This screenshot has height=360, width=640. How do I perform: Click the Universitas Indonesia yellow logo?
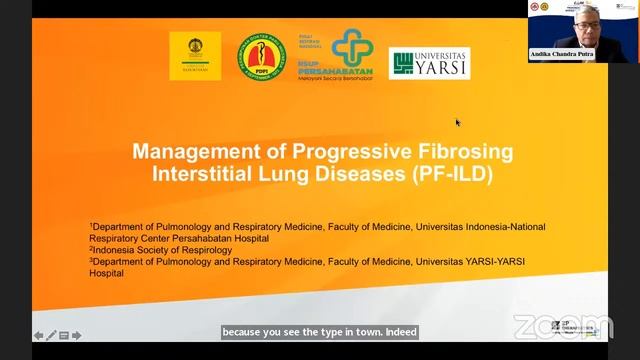coord(195,55)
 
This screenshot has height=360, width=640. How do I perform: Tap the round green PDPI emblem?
coord(260,57)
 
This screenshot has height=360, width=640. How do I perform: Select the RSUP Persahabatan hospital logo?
coord(337,55)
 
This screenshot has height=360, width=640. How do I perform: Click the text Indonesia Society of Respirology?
coord(164,250)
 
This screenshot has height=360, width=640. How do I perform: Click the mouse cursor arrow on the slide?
coord(458,123)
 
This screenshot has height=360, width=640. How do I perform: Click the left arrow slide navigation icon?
coord(39,335)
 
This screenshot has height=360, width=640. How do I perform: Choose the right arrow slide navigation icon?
coord(76,335)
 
